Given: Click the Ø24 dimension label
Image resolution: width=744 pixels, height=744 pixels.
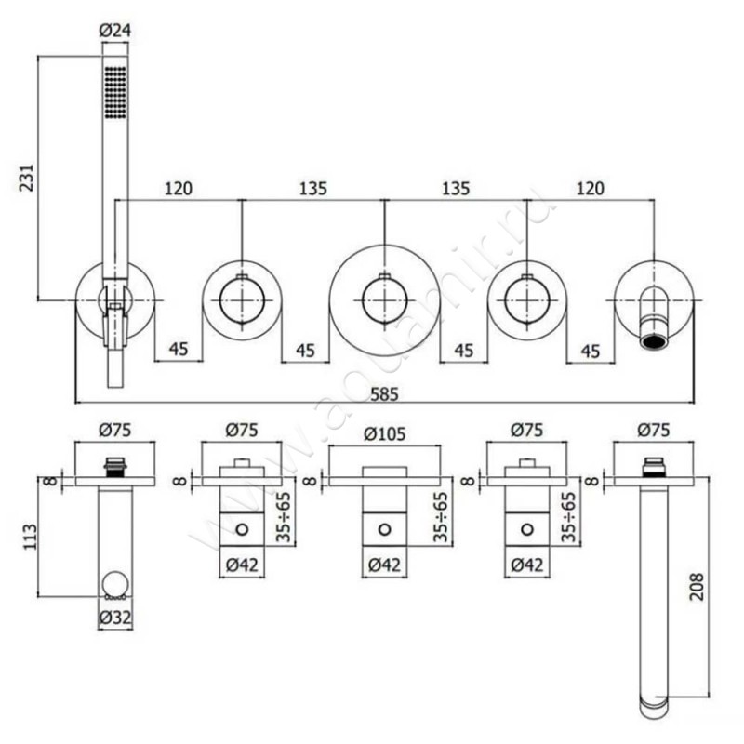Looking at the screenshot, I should (x=114, y=29).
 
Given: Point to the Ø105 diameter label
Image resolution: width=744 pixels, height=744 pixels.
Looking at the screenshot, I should (x=383, y=432).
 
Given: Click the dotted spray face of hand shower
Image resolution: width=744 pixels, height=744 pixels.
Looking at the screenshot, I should (x=115, y=92).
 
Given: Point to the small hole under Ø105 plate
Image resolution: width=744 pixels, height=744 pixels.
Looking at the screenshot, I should (x=383, y=529).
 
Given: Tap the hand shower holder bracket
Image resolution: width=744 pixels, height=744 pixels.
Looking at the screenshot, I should (x=114, y=302).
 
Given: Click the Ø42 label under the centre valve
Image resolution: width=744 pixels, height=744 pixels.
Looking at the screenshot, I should (x=383, y=565).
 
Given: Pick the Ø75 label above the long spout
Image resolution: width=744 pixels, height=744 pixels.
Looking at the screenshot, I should (x=653, y=430).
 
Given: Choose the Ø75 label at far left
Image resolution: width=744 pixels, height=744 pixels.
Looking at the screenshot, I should (x=114, y=430).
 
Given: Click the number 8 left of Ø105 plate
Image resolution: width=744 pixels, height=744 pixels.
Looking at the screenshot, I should (x=312, y=480).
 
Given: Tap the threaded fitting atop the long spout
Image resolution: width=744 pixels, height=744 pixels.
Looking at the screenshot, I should (x=654, y=466).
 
